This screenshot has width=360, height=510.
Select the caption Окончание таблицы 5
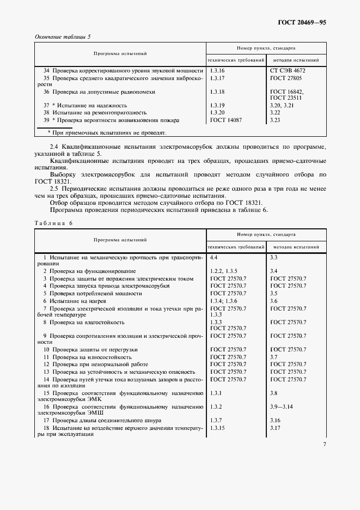click(63, 37)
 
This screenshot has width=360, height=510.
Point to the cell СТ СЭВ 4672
click(288, 71)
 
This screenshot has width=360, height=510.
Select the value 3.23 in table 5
click(276, 120)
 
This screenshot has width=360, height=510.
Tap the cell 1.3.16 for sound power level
click(217, 71)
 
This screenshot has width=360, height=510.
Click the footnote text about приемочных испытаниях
click(107, 132)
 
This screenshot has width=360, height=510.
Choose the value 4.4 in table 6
click(214, 256)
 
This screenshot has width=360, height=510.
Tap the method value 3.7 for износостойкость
click(274, 357)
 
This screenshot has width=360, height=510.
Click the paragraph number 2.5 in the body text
click(55, 188)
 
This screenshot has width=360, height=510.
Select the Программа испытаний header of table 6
click(120, 239)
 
